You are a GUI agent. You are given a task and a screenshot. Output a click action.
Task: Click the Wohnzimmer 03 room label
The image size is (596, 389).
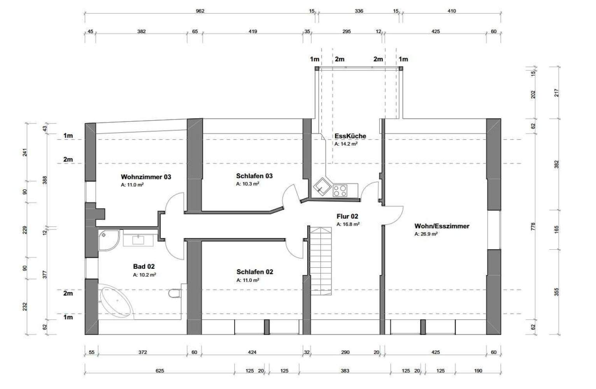(x=146, y=177)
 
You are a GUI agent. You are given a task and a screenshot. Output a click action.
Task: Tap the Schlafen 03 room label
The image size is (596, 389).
(x=254, y=176)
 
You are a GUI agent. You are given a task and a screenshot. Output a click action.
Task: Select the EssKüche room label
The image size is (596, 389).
(x=350, y=136)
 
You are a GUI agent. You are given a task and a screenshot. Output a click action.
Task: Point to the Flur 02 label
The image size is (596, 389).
(x=347, y=216)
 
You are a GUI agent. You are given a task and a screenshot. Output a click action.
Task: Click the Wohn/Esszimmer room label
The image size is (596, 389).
(x=442, y=226)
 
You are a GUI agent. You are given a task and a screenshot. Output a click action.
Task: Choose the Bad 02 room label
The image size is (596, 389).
(x=144, y=266)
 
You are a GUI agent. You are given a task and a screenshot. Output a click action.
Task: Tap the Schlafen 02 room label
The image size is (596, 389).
(x=255, y=272)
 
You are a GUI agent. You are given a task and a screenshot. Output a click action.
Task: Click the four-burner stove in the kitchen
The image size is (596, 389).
(x=340, y=191)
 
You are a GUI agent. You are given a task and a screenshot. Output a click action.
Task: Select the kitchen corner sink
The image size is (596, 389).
(x=323, y=186)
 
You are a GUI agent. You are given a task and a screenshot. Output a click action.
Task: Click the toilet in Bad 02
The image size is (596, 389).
(x=175, y=293)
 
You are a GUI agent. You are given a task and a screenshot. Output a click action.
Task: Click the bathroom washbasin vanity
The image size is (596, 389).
(x=138, y=240)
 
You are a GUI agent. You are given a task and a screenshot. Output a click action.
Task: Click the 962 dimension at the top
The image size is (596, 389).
(x=200, y=11)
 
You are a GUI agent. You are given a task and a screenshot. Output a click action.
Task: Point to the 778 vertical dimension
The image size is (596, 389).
(x=533, y=226)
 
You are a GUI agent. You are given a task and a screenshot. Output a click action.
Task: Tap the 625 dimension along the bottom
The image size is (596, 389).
(x=160, y=371)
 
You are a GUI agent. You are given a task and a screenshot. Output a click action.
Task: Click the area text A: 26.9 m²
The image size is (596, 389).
(x=426, y=234)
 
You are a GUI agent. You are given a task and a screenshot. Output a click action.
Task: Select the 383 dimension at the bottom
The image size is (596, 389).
(x=345, y=371)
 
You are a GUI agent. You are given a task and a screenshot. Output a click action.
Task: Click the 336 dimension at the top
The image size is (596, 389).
(x=359, y=11)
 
